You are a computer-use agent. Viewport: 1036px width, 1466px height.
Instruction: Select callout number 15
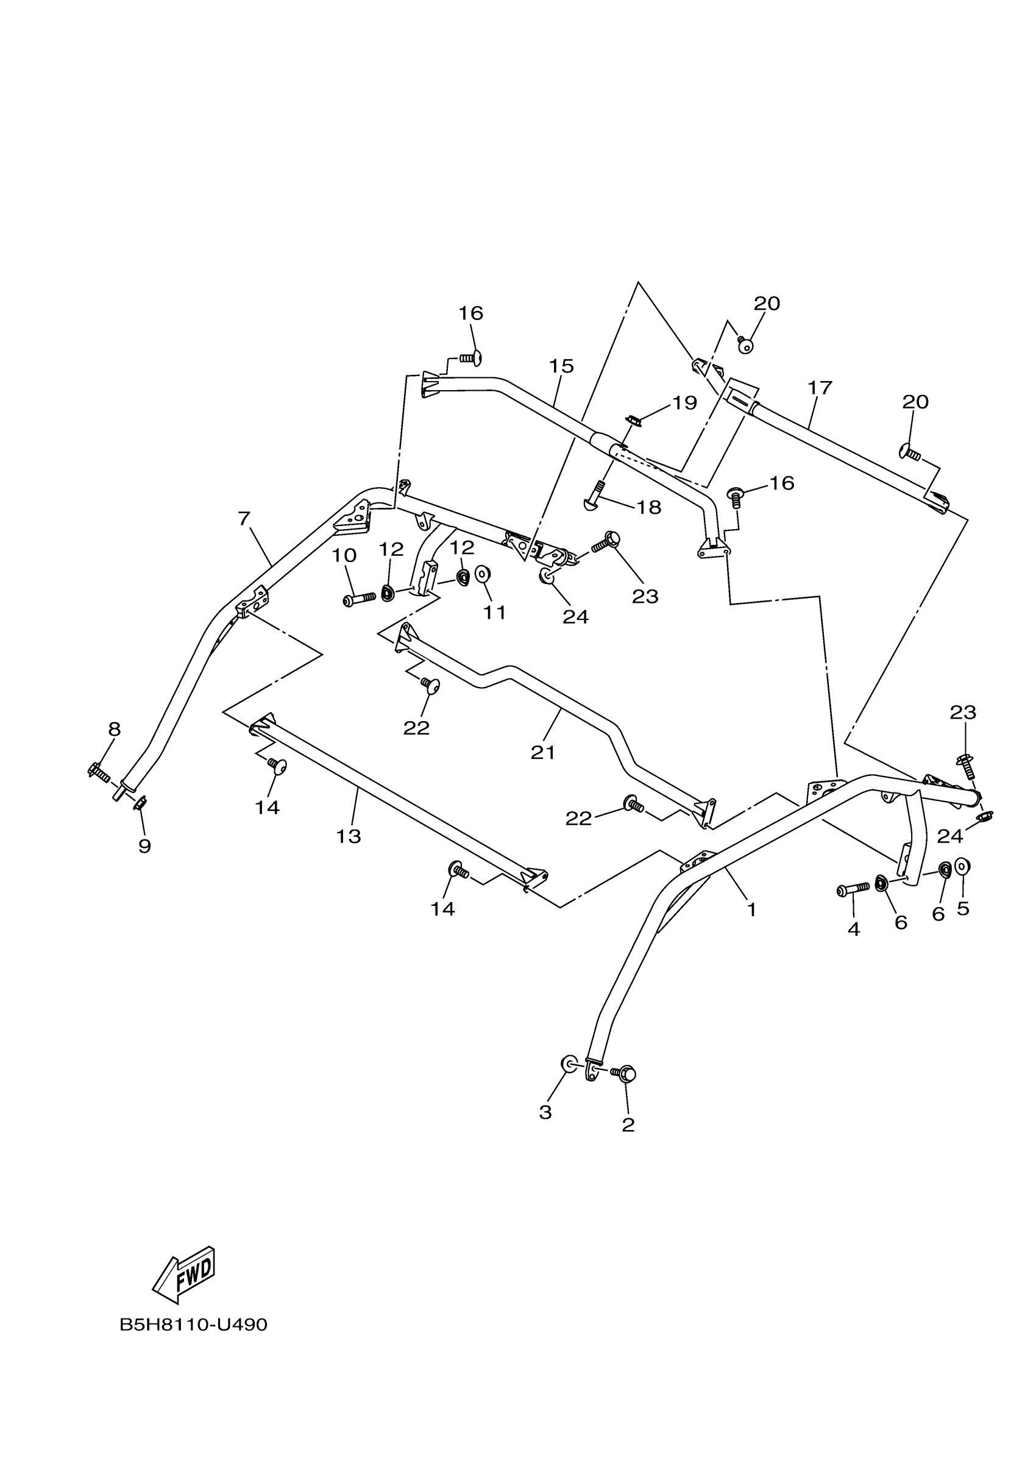[x=561, y=366]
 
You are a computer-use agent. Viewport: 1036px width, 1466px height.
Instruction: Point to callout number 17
[x=820, y=388]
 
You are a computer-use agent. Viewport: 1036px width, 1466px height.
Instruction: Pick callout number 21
[x=542, y=753]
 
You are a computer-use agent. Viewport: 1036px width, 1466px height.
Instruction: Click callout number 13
[x=349, y=836]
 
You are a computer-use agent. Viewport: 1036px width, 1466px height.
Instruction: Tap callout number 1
[x=751, y=910]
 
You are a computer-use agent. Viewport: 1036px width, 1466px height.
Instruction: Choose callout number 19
[x=684, y=403]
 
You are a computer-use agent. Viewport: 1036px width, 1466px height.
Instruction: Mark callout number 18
[x=648, y=508]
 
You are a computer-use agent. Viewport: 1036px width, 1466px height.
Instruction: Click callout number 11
[x=495, y=613]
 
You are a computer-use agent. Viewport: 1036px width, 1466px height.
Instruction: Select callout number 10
[x=344, y=555]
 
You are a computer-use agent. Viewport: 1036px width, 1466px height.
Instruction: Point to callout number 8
[x=114, y=729]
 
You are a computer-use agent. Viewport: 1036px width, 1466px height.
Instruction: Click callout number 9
[x=145, y=847]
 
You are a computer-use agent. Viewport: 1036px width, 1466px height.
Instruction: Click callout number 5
[x=963, y=909]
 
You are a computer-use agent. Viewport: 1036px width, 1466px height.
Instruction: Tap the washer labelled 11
[x=483, y=574]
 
